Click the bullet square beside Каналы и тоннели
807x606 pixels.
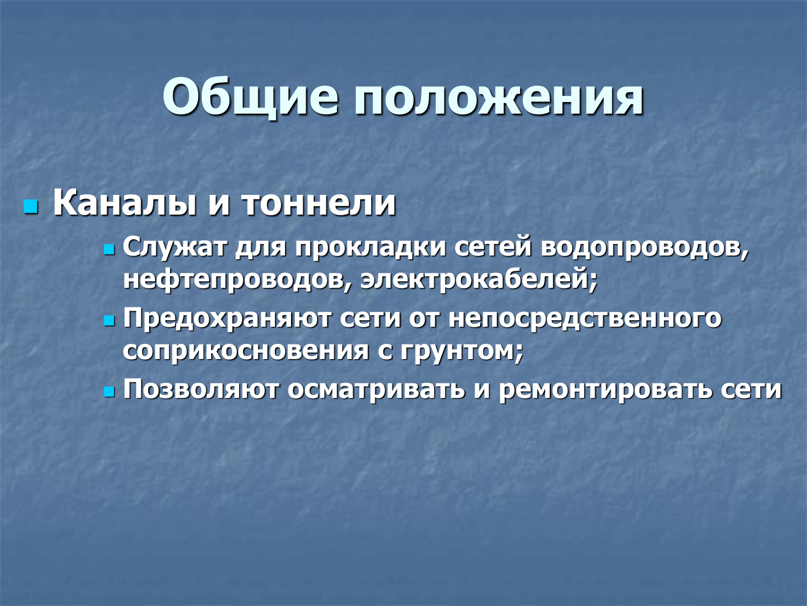(31, 207)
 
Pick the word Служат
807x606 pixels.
(175, 247)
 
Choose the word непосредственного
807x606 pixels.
(585, 319)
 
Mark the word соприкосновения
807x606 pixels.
(246, 351)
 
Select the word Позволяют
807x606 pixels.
(201, 389)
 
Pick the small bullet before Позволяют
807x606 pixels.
(109, 392)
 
